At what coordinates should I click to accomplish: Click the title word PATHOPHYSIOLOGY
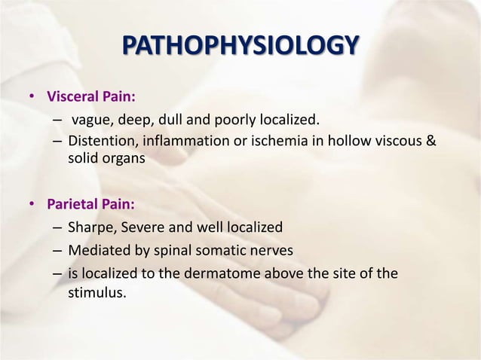click(240, 46)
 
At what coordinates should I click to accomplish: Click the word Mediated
click(96, 249)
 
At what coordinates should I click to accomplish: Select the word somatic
click(231, 249)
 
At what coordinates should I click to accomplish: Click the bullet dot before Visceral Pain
click(32, 98)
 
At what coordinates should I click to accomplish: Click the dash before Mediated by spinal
click(57, 250)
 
